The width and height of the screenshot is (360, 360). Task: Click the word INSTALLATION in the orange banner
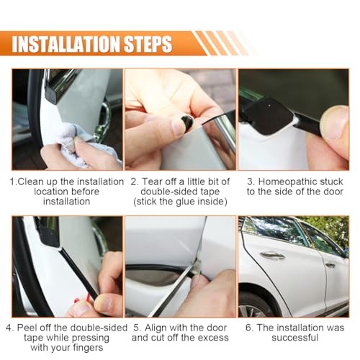click(66, 44)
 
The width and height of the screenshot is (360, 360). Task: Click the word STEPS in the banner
click(148, 44)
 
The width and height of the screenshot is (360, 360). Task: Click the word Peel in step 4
click(27, 328)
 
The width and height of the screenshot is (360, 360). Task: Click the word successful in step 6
click(295, 338)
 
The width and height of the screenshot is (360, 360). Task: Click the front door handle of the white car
click(272, 256)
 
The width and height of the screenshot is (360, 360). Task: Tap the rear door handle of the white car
click(330, 265)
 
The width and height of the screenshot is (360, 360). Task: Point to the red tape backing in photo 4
click(83, 300)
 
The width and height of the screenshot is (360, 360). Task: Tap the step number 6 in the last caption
click(248, 328)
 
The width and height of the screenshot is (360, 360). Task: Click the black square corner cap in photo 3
click(268, 116)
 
